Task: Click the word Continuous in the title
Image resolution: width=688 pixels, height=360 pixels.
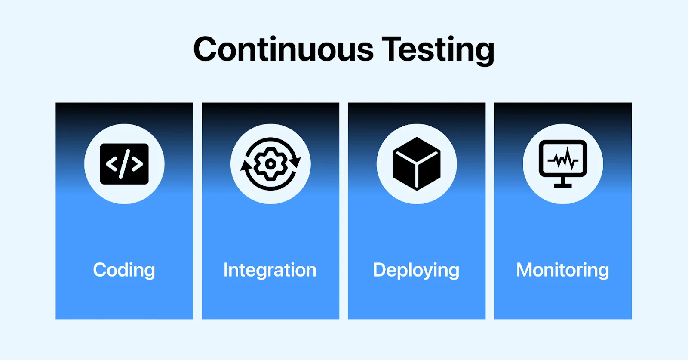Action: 283,49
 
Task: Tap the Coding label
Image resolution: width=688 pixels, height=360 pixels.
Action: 124,270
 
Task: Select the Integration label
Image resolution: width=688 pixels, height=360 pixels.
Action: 270,270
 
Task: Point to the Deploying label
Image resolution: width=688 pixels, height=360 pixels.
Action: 416,270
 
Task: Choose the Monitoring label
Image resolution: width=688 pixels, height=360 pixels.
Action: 562,270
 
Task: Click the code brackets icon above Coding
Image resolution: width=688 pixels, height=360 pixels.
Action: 124,164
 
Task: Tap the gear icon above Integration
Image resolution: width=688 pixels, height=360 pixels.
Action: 270,164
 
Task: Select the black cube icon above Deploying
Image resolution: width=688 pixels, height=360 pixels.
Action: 417,164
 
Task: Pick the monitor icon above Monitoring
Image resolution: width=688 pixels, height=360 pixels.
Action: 563,164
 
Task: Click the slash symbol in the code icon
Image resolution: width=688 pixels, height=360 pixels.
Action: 124,164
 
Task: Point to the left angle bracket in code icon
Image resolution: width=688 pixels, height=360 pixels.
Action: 111,164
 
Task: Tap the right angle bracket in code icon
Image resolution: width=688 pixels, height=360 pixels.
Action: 137,164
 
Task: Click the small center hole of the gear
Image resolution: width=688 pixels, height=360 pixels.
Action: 270,164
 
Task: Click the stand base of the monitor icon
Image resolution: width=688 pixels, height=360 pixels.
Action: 563,186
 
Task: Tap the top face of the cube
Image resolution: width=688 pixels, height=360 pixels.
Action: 417,149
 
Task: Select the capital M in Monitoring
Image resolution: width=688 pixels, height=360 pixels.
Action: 525,270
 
